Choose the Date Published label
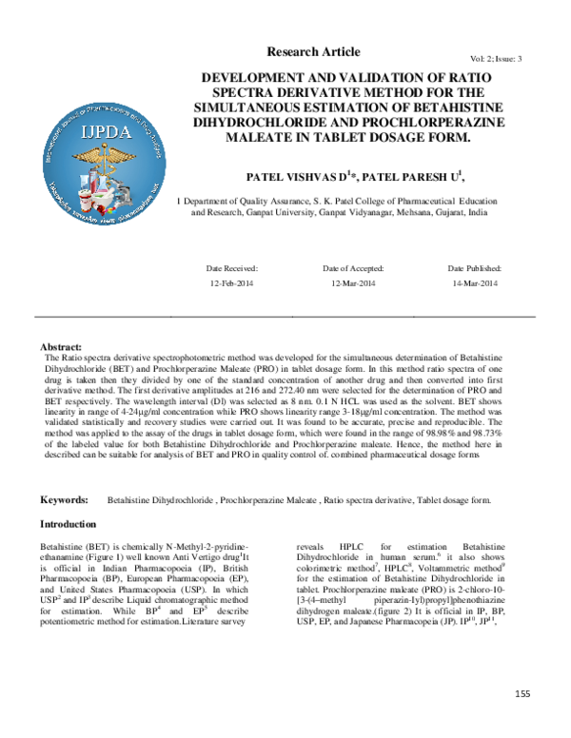(x=474, y=269)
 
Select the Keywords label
(x=64, y=499)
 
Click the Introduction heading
(x=68, y=524)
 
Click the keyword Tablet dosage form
(x=448, y=499)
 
